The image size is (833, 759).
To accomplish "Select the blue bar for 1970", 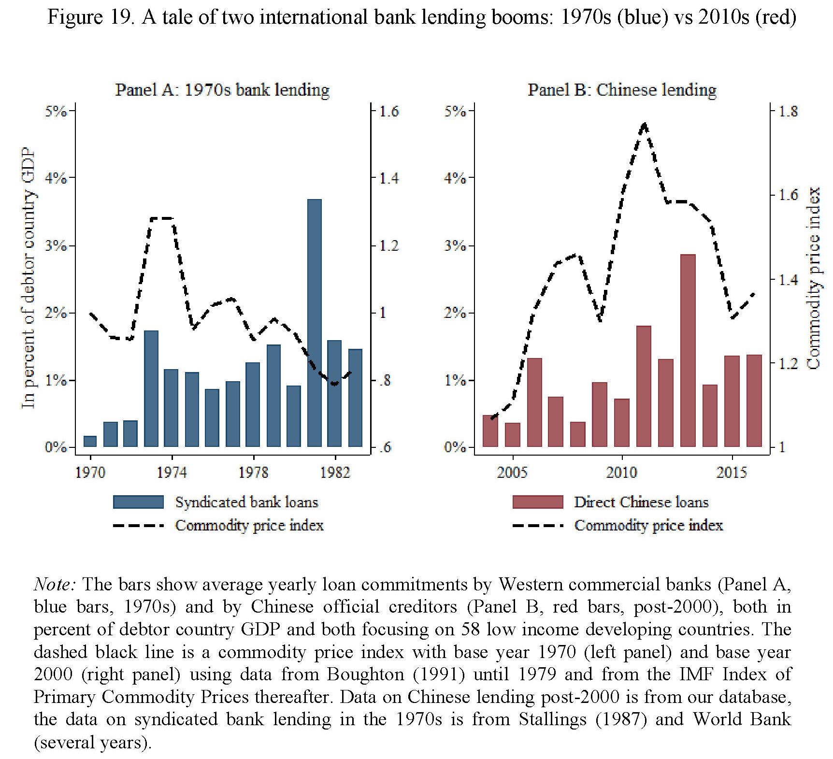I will [x=90, y=441].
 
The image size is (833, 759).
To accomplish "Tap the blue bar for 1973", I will [x=151, y=388].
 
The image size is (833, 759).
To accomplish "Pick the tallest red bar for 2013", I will [x=688, y=350].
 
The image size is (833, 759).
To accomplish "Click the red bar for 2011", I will [x=644, y=386].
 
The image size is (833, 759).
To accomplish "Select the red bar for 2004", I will [x=490, y=430].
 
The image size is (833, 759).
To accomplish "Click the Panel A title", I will [x=222, y=90].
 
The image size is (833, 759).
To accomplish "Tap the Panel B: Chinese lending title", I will [x=622, y=90].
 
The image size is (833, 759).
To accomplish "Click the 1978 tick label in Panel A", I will [x=253, y=472].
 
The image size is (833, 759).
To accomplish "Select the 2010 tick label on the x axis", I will [x=622, y=472].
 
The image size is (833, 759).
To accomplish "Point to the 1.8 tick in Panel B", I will [x=788, y=111].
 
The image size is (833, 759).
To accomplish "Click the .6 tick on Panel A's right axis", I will [x=385, y=447].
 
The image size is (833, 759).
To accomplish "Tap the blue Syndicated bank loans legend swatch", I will [x=138, y=502].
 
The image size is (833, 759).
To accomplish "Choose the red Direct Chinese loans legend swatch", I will [x=537, y=502].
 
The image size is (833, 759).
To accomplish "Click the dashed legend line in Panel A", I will [x=138, y=525].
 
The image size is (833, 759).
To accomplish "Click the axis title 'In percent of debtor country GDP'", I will [x=29, y=278].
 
